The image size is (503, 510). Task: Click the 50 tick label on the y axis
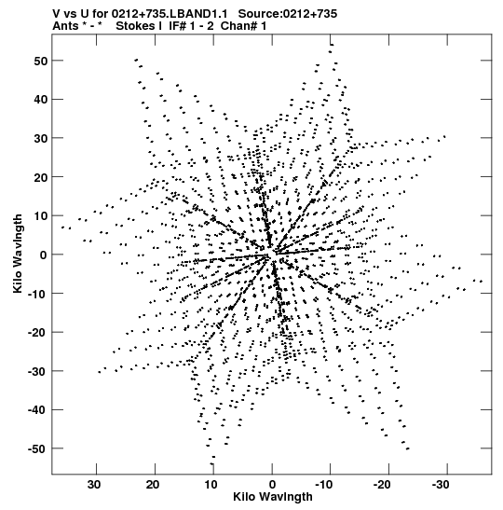click(x=40, y=61)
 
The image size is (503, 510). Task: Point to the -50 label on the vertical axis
click(x=37, y=448)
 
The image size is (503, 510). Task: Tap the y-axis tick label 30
click(x=40, y=138)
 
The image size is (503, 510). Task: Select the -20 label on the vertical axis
click(x=37, y=333)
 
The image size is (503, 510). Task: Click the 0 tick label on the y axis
click(x=44, y=255)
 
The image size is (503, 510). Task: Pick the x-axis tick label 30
click(x=94, y=485)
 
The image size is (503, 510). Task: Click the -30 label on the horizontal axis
click(x=441, y=485)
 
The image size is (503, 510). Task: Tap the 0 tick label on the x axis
click(x=272, y=485)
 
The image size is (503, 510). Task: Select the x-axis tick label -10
click(x=323, y=485)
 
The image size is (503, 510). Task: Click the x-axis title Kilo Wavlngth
click(x=273, y=497)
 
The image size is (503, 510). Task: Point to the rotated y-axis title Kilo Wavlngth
click(x=18, y=254)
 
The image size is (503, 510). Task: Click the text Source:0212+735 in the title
click(x=288, y=14)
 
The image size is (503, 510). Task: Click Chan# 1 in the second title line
click(x=243, y=26)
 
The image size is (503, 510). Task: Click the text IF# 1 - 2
click(x=191, y=26)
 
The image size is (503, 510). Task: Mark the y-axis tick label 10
click(x=40, y=216)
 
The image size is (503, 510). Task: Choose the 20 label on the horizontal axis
click(x=153, y=485)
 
